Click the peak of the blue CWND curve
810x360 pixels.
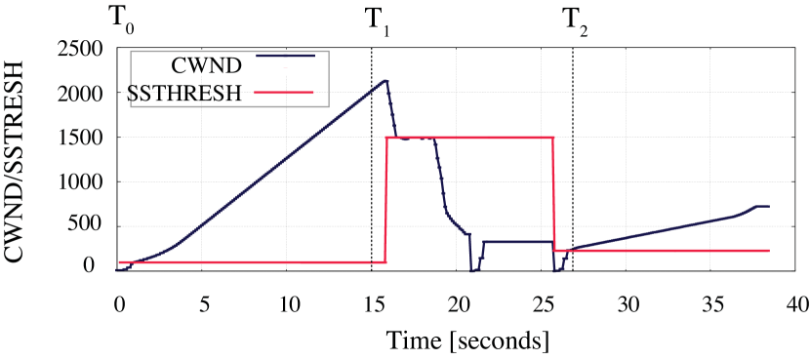(386, 80)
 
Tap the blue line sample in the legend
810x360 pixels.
(285, 56)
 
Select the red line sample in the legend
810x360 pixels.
(284, 92)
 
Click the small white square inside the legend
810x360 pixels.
(286, 67)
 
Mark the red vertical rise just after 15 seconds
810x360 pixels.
(386, 200)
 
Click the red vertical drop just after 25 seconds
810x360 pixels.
(554, 195)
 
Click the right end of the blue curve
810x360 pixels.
(769, 207)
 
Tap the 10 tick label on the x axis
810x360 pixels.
(290, 304)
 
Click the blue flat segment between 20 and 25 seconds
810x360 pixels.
(517, 241)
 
